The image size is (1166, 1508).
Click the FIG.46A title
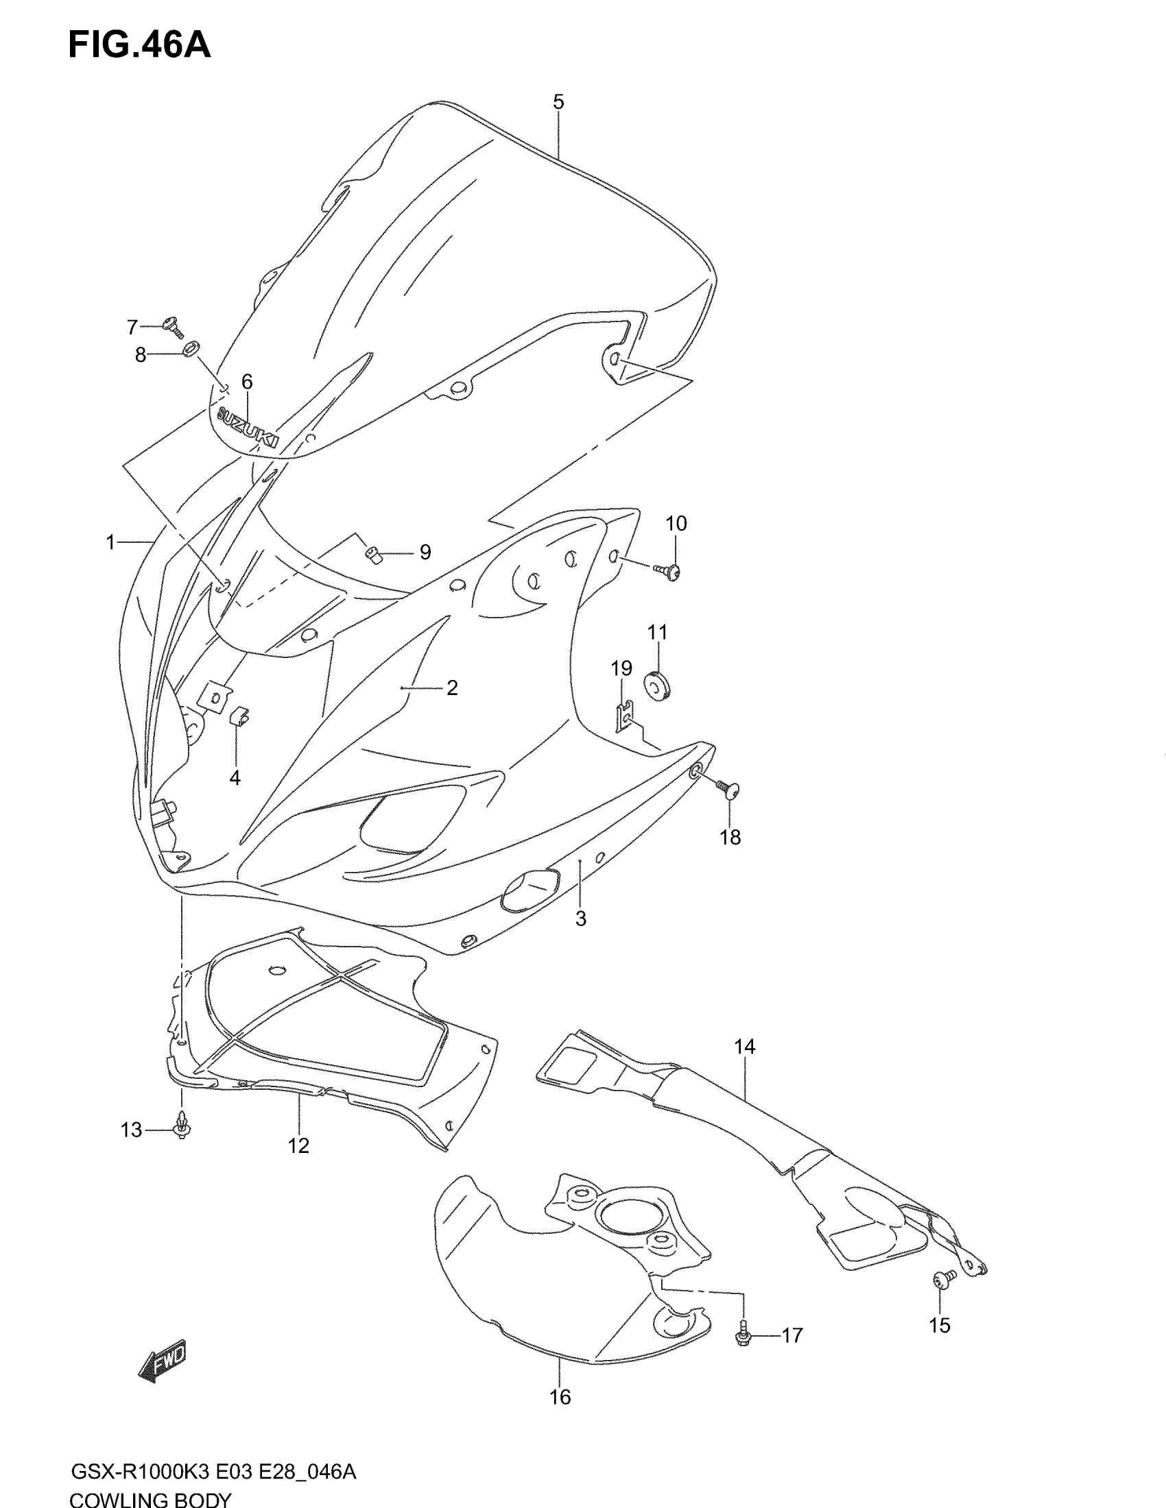[x=139, y=45]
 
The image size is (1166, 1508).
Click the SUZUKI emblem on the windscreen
[x=248, y=428]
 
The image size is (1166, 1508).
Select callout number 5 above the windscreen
[x=558, y=102]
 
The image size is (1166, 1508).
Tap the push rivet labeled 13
[x=182, y=1127]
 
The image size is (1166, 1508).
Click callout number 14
[x=745, y=1047]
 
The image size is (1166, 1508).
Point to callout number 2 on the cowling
[x=452, y=688]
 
